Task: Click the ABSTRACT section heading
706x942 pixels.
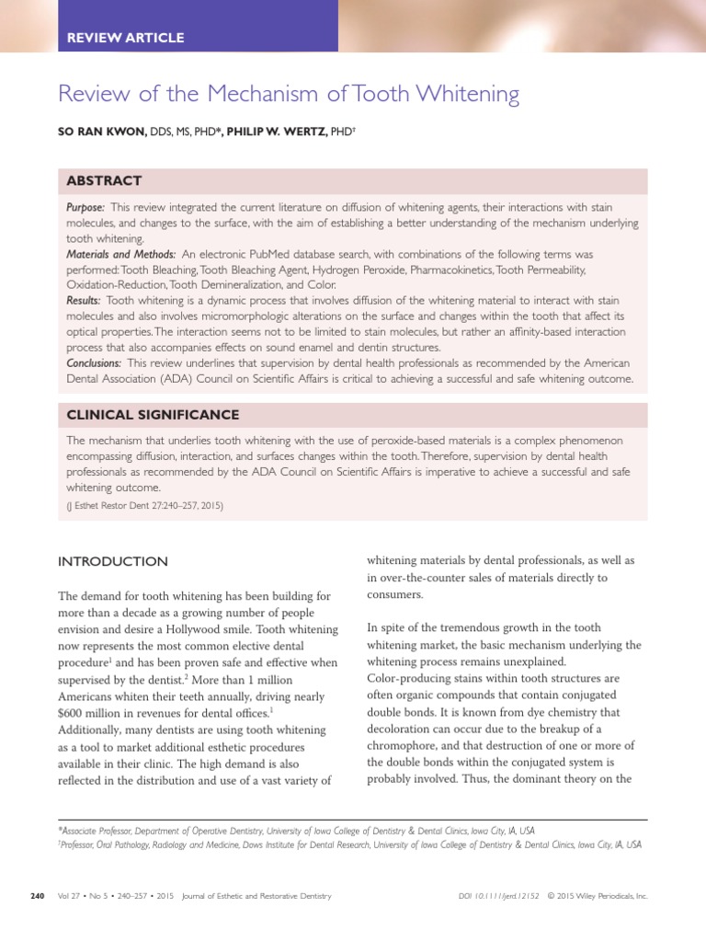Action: pos(104,180)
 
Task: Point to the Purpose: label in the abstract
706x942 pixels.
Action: pos(85,209)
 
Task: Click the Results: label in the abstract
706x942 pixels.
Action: pos(85,300)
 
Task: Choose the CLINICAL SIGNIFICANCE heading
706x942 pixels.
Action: pos(153,415)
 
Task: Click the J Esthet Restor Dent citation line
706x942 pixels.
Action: pos(145,505)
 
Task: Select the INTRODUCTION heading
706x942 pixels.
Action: pos(113,561)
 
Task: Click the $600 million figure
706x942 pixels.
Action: pos(91,712)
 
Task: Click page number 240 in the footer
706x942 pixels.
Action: pos(37,896)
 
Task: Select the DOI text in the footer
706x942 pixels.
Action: pos(497,896)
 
